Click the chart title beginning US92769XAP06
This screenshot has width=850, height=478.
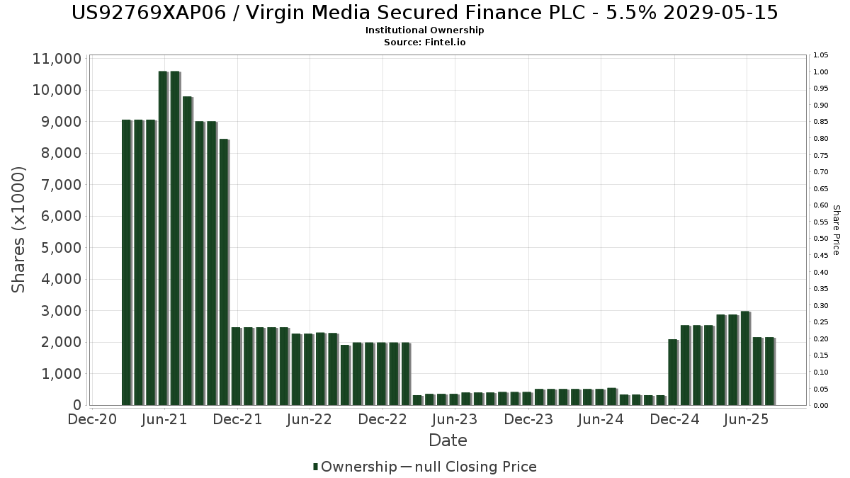(425, 13)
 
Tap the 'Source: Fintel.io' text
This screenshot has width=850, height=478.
(425, 42)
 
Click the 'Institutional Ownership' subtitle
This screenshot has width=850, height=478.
(425, 30)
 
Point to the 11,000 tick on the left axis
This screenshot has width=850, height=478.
(57, 59)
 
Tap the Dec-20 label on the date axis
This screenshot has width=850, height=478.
(92, 420)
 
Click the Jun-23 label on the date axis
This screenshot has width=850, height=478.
(455, 420)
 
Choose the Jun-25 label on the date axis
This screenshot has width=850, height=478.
(745, 420)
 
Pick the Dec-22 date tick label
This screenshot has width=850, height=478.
(382, 420)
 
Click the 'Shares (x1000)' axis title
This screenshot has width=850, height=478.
(19, 230)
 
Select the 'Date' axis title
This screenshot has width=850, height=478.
(448, 440)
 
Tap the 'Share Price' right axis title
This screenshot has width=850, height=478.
(836, 230)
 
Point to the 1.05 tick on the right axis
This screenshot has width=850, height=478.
(821, 55)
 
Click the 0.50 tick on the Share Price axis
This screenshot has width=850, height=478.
(821, 239)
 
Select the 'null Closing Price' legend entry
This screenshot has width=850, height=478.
(477, 467)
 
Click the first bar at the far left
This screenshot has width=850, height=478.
(126, 262)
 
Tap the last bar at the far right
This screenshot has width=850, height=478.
(769, 371)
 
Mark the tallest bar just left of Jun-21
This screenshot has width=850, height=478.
(163, 238)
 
